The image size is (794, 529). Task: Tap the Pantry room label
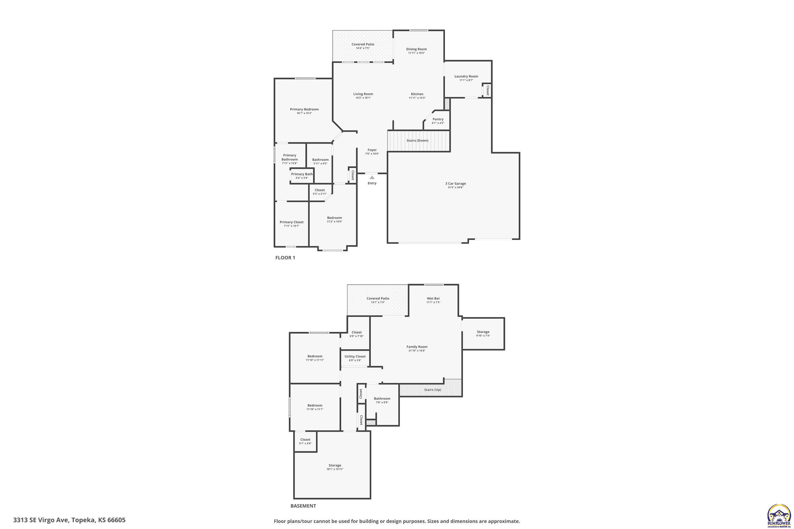pos(438,119)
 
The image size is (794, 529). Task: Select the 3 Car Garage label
pos(455,184)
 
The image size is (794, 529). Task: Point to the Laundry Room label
pos(466,76)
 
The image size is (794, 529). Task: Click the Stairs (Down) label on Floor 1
pos(417,140)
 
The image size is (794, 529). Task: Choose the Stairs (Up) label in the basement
pos(432,390)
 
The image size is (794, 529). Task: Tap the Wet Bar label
pos(433,298)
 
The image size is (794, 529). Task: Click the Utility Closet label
pos(355,356)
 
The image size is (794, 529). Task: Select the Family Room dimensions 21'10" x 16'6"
pos(417,350)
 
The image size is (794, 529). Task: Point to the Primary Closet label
pos(291,222)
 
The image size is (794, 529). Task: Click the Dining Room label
pos(416,49)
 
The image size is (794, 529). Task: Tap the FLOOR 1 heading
pos(285,258)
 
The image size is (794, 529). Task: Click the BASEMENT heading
pos(303,506)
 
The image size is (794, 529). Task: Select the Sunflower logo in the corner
pos(779,516)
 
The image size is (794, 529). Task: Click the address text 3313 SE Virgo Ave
pos(69,520)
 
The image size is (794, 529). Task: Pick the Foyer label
pos(372,150)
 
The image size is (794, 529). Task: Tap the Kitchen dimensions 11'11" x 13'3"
pos(417,98)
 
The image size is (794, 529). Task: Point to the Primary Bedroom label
pos(304,109)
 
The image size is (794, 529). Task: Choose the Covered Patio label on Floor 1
pos(363,44)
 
